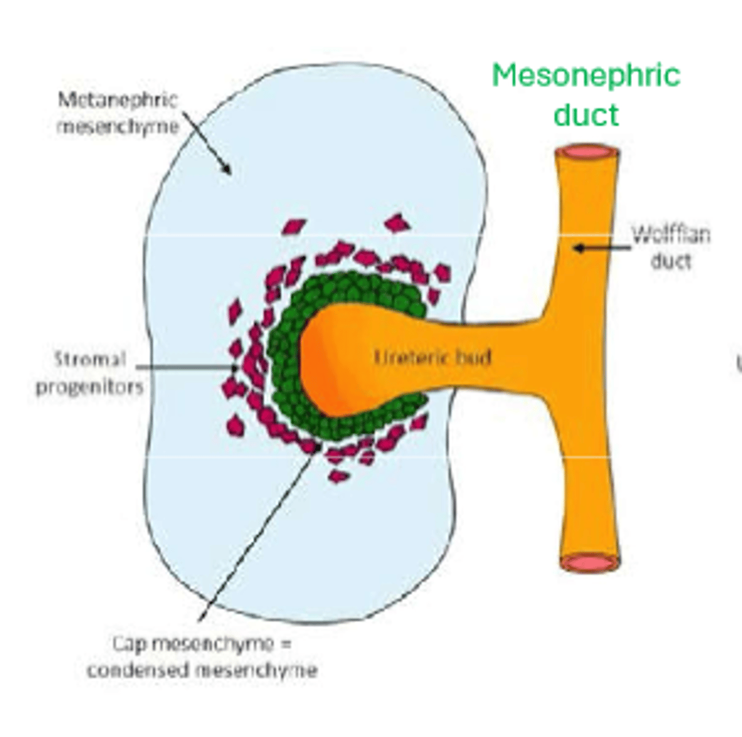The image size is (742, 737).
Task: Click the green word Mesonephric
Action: point(585,76)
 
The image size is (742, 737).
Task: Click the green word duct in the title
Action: point(585,115)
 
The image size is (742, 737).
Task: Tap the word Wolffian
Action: point(671,235)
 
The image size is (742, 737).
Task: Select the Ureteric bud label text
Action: point(432,357)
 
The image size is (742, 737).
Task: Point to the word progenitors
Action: point(90,387)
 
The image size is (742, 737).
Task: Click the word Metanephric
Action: point(117,99)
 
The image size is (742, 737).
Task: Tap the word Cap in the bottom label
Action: point(130,644)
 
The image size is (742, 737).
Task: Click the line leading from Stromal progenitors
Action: point(184,367)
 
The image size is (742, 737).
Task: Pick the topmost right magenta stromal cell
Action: point(397,223)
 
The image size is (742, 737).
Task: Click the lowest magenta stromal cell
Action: point(338,476)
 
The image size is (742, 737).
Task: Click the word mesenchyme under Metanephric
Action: point(117,127)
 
